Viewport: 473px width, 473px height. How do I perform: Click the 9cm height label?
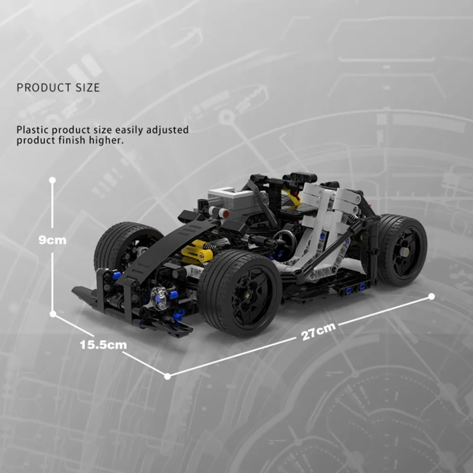pyautogui.click(x=52, y=240)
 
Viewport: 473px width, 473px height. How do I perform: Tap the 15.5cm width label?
pyautogui.click(x=104, y=345)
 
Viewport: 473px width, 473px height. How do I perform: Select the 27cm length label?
pyautogui.click(x=318, y=331)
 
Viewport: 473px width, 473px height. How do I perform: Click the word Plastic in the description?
pyautogui.click(x=33, y=130)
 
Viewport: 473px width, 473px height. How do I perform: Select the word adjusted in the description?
pyautogui.click(x=167, y=130)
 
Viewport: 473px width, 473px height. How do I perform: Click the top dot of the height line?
pyautogui.click(x=53, y=180)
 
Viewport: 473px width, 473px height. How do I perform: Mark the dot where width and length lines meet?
pyautogui.click(x=167, y=376)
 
